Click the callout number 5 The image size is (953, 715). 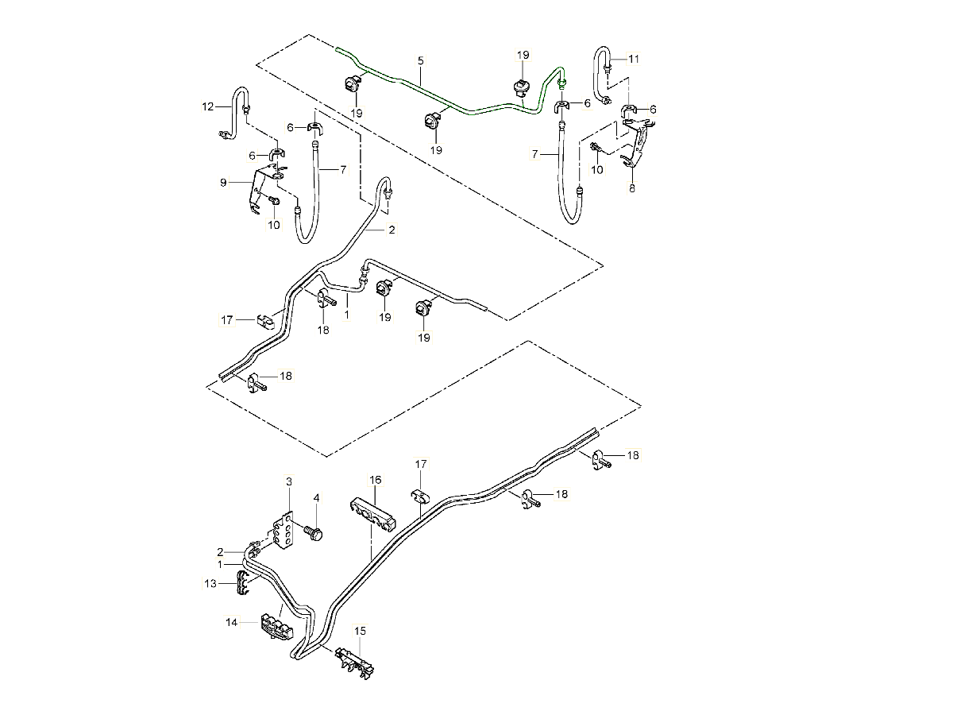point(421,60)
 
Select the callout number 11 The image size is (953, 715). point(633,59)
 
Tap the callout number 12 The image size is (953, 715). point(208,106)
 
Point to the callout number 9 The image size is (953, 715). point(225,182)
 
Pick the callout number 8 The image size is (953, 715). point(632,189)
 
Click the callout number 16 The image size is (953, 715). point(375,480)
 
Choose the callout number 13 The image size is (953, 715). point(210,584)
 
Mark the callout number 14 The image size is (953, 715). point(232,624)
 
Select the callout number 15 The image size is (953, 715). point(361,631)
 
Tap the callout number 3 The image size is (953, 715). point(289,481)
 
